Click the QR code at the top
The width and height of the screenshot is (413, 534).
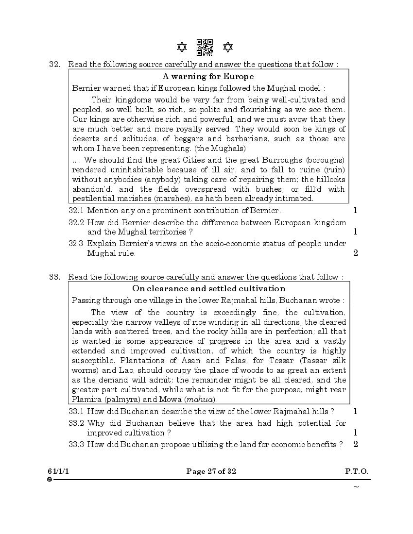click(205, 48)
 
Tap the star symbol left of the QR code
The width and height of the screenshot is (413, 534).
click(182, 47)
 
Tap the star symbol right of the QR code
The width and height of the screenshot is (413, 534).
click(227, 47)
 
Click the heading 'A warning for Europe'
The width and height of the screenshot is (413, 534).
click(208, 76)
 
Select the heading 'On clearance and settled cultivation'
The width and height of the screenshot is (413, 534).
click(209, 289)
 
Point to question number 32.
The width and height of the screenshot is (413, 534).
click(54, 64)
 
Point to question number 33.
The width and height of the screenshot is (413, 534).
click(54, 277)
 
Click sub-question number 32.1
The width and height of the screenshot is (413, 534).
click(76, 211)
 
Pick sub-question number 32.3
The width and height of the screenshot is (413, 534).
click(76, 244)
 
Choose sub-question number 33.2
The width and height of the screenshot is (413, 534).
click(76, 423)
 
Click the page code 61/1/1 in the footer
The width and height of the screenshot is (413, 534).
click(57, 471)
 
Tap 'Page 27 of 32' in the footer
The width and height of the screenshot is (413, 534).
click(211, 471)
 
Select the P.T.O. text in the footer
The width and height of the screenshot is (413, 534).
click(357, 471)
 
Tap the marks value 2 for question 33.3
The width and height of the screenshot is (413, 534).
click(356, 444)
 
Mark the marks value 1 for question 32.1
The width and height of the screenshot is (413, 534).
click(356, 211)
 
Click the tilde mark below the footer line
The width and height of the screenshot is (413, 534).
click(356, 487)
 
